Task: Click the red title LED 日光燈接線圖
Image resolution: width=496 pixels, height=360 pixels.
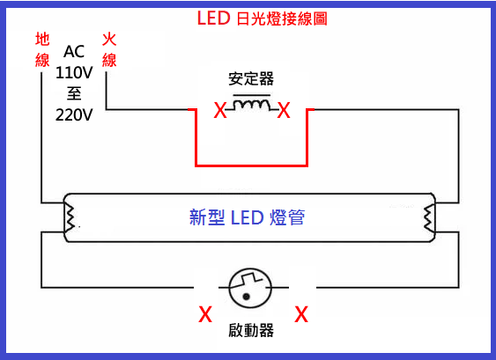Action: click(262, 18)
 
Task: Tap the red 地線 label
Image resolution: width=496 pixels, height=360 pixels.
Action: click(42, 49)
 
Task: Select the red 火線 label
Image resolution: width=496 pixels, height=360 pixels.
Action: click(109, 49)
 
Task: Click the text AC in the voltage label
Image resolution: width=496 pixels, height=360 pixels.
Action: click(74, 52)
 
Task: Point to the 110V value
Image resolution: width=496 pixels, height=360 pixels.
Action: click(74, 73)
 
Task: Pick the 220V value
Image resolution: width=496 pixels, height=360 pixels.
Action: click(74, 115)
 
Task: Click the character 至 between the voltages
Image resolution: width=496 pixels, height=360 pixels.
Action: click(74, 94)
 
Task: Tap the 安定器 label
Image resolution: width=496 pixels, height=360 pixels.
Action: click(251, 78)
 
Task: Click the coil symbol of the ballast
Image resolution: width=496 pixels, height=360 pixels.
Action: click(252, 104)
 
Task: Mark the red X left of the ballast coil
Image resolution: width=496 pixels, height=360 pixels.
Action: click(220, 110)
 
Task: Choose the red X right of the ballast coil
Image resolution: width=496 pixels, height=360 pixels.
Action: click(284, 110)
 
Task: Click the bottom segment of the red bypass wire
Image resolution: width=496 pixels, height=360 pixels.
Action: click(251, 165)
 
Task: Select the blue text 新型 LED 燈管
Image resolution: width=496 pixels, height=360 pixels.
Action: click(247, 217)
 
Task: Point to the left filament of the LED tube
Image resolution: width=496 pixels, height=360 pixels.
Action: click(70, 217)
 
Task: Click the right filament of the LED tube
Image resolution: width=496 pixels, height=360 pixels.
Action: click(429, 218)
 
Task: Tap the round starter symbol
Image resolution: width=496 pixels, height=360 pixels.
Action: click(250, 288)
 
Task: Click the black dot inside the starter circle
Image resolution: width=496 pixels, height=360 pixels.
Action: click(246, 297)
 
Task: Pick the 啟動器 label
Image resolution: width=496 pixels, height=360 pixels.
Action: click(251, 330)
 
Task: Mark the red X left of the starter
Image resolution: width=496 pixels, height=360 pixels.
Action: click(205, 314)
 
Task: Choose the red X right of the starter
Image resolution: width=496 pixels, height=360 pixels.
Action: click(301, 314)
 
